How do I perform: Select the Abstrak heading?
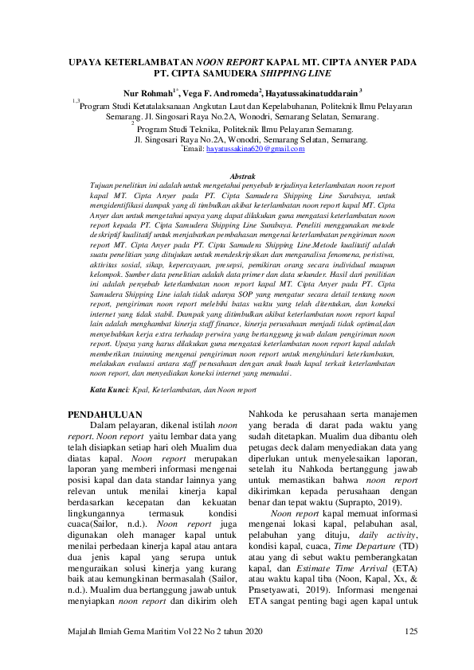point(242,173)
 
